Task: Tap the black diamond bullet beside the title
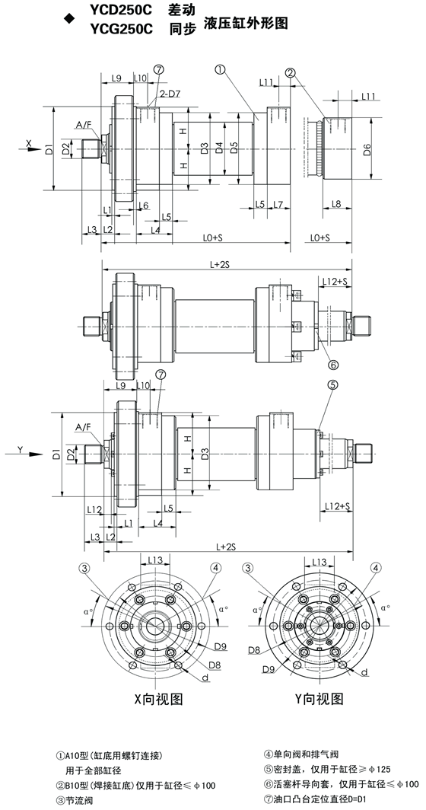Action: pyautogui.click(x=67, y=20)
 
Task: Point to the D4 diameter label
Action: pyautogui.click(x=219, y=148)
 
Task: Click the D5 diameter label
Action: pyautogui.click(x=234, y=148)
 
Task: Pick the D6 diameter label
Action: pyautogui.click(x=367, y=150)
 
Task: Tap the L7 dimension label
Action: pyautogui.click(x=278, y=205)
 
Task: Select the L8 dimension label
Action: pyautogui.click(x=335, y=205)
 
